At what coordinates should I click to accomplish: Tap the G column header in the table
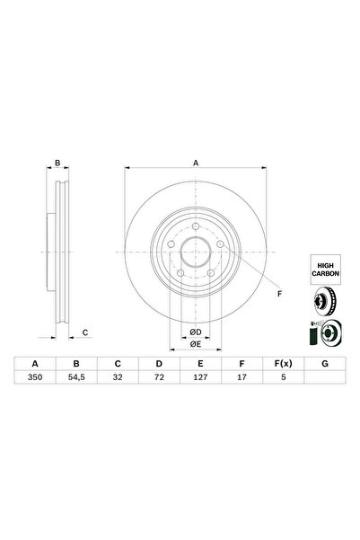click(x=324, y=364)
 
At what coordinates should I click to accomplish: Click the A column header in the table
click(x=36, y=364)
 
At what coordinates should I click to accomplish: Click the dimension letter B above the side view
click(x=57, y=164)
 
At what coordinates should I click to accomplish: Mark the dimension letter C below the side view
click(x=84, y=333)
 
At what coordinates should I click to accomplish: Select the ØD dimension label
click(x=195, y=332)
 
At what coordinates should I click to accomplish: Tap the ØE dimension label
click(x=195, y=344)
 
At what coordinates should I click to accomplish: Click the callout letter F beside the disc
click(x=278, y=294)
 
